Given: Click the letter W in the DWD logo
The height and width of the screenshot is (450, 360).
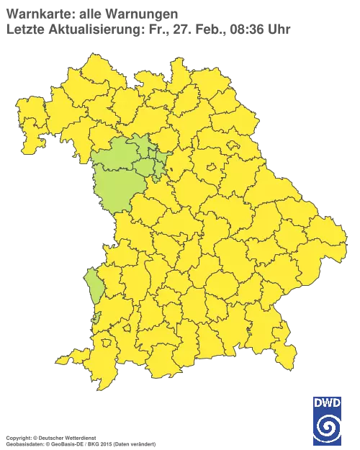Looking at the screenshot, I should click(328, 402).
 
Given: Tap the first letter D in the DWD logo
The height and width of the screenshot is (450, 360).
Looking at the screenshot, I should click(319, 402).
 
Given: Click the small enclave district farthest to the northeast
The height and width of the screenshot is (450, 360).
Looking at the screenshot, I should click(233, 145).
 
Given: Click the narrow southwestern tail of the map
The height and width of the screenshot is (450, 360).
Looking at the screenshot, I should click(79, 356).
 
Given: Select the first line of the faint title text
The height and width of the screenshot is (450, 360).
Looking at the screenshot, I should click(91, 12).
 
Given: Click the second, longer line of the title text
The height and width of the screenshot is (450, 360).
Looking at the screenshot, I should click(148, 28).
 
